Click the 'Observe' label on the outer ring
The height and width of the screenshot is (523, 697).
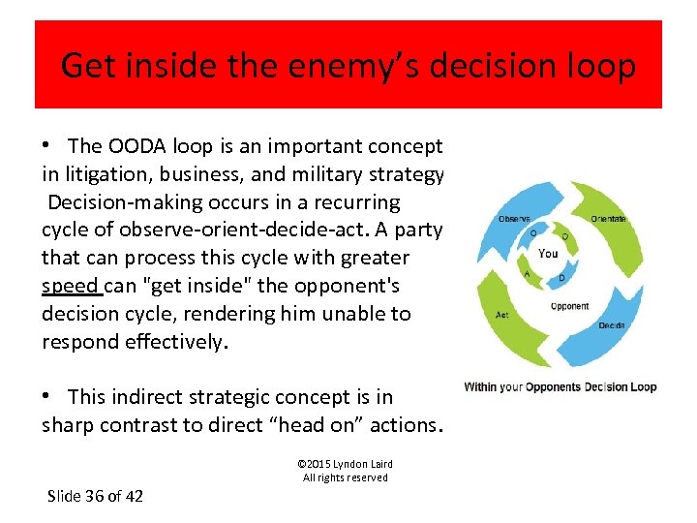513,218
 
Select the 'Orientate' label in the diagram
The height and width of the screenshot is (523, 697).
608,218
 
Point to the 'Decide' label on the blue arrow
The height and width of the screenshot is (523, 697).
611,325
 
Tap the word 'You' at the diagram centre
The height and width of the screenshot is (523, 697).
548,254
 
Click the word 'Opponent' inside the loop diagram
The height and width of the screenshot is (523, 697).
569,306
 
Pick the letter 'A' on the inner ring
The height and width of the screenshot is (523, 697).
527,274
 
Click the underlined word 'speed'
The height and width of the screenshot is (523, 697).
71,286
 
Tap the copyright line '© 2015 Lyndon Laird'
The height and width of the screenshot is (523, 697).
345,464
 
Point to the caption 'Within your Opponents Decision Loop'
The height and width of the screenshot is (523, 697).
560,386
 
